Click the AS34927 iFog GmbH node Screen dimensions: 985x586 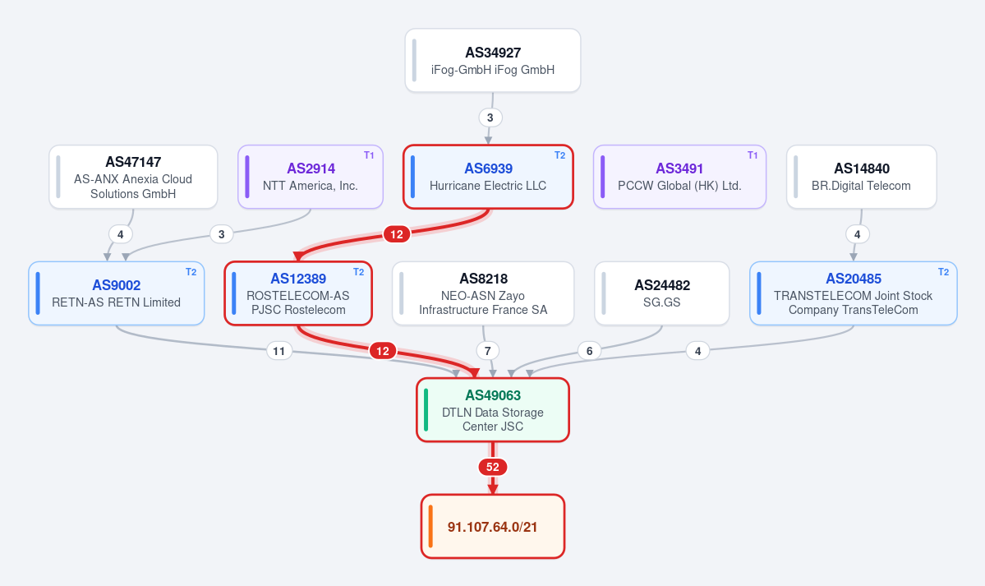(x=493, y=60)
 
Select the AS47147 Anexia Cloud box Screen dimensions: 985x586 (x=133, y=177)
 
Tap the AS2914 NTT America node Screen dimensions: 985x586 (x=311, y=177)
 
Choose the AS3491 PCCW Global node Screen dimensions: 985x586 (x=679, y=177)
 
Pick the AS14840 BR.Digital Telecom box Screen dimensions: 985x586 (x=861, y=177)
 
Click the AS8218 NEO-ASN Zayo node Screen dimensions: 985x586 (x=483, y=293)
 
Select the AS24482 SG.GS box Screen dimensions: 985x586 (x=662, y=293)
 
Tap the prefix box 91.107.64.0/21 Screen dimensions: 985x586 (x=493, y=526)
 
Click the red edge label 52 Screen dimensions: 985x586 (x=493, y=467)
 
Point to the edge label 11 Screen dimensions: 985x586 (x=279, y=351)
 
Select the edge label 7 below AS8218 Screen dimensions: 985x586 (x=487, y=351)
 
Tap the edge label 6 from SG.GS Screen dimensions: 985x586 (x=589, y=351)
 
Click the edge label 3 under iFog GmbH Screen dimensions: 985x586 (x=490, y=118)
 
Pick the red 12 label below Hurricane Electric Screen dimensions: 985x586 (x=397, y=234)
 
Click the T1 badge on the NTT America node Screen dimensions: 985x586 (x=370, y=155)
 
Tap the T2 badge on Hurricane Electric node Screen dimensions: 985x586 (x=559, y=155)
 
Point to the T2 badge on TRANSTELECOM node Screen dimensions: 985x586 (x=944, y=271)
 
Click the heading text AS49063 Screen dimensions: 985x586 (x=493, y=395)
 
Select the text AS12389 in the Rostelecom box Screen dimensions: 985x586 (x=298, y=279)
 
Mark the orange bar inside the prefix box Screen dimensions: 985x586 (x=430, y=526)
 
